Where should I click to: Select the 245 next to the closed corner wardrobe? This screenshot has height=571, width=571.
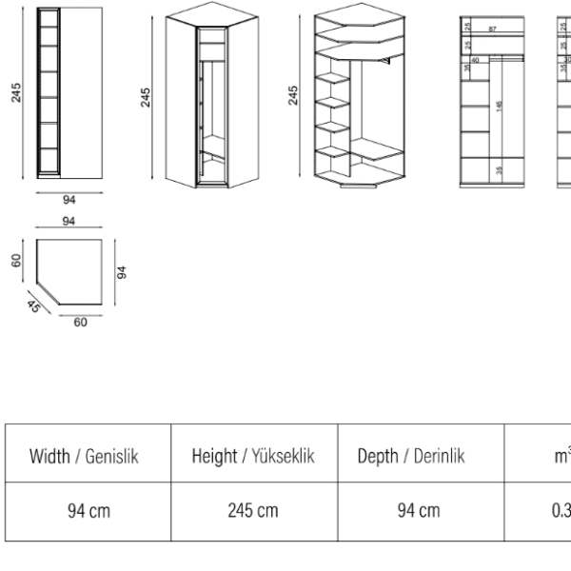tap(146, 96)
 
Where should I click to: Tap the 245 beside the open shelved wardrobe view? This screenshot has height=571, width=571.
tap(293, 95)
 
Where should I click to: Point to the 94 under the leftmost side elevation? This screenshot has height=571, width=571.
tap(69, 200)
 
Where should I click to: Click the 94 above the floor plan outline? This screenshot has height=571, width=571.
tap(69, 221)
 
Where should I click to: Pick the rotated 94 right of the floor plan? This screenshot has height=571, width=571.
tap(121, 271)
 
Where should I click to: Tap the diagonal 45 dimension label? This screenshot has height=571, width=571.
tap(33, 306)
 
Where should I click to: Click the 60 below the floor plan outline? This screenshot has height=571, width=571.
tap(80, 323)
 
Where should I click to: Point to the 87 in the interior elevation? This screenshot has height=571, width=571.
tap(492, 30)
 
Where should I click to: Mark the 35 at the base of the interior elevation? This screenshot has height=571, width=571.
tap(500, 171)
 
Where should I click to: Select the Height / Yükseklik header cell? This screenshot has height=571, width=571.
tap(253, 457)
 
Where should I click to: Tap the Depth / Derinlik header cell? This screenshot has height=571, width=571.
tap(410, 457)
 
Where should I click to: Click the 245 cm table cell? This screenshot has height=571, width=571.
tap(253, 511)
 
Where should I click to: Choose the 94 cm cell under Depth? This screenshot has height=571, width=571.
tap(419, 511)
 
